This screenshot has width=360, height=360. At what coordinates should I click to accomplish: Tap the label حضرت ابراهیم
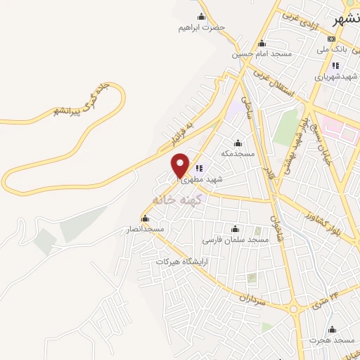[201, 27]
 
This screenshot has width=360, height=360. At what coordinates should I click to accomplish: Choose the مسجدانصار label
[145, 229]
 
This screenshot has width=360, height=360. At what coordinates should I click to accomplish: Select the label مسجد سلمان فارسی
[236, 240]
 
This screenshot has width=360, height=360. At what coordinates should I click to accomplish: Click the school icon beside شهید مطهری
[199, 169]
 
